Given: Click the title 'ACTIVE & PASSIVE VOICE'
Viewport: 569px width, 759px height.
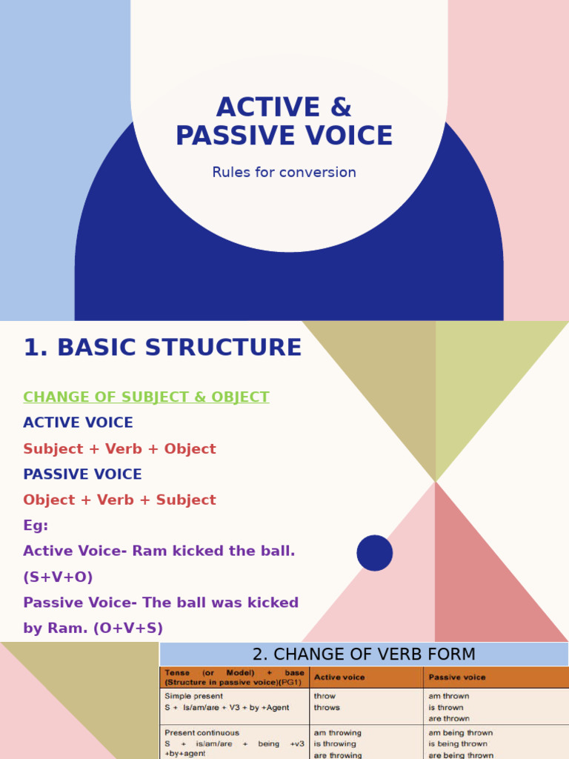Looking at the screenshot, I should click(284, 122).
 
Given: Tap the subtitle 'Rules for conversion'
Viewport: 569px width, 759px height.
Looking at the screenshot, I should click(284, 173).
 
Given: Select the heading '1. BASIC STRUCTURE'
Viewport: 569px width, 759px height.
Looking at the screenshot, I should click(162, 348).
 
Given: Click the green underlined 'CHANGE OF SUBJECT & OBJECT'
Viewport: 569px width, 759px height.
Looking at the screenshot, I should click(146, 397).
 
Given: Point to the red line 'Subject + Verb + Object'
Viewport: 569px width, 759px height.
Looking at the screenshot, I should click(119, 449).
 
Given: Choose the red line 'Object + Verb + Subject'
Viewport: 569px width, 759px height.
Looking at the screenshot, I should click(119, 500).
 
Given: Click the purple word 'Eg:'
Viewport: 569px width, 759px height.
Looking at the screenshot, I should click(36, 526).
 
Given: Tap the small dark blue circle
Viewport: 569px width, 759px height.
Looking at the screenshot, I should click(375, 553).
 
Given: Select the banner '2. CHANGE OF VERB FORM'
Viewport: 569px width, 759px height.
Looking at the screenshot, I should click(364, 654).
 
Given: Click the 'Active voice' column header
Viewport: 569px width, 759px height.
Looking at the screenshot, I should click(339, 677).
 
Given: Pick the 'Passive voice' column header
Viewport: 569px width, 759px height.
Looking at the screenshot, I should click(456, 677).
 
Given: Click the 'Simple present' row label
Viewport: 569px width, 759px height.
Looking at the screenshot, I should click(193, 697).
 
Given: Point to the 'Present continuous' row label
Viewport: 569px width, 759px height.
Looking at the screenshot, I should click(202, 733).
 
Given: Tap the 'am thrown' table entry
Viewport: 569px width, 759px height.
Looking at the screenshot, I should click(448, 697).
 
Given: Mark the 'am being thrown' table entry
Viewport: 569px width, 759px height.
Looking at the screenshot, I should click(460, 733).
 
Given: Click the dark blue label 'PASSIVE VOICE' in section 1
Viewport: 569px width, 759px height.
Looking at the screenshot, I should click(82, 474).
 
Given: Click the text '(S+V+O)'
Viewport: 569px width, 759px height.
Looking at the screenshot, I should click(58, 577).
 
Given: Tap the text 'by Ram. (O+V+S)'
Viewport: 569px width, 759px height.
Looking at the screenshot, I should click(93, 629).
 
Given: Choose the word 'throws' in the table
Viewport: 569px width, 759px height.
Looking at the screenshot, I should click(327, 708).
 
